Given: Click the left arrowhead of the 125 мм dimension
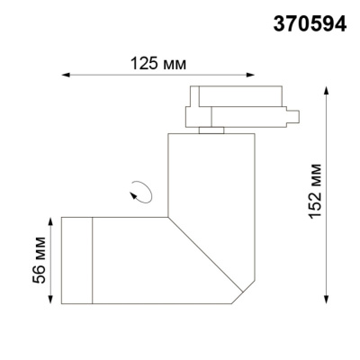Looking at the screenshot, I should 64,76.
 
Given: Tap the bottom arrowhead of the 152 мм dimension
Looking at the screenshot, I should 324,297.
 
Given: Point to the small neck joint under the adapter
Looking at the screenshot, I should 212,130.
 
